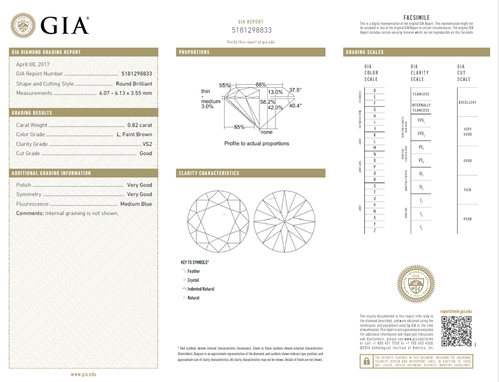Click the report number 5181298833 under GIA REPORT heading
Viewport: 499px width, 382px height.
252,30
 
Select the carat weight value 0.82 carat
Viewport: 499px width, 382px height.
140,125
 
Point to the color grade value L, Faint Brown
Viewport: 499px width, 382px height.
134,134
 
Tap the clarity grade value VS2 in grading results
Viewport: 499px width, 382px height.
147,144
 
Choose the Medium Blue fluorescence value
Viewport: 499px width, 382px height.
136,204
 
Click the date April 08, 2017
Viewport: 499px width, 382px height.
32,64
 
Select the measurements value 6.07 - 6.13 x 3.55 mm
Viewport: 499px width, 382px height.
125,93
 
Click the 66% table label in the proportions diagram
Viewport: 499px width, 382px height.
260,85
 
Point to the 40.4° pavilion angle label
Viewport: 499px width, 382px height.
295,106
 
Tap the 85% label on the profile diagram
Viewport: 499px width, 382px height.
239,127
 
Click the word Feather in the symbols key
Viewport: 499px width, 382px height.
193,271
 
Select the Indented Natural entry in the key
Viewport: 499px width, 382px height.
201,289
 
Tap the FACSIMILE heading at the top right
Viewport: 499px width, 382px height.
416,18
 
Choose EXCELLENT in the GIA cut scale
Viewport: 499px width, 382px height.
467,102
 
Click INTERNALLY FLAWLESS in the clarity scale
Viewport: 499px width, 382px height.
421,107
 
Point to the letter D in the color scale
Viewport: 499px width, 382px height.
374,91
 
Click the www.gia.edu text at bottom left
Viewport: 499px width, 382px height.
84,374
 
